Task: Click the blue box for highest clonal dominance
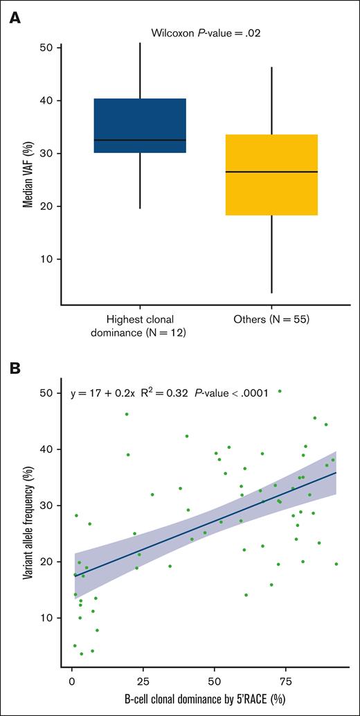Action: click(x=140, y=125)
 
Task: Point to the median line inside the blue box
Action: click(x=140, y=140)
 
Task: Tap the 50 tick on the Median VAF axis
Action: click(x=48, y=48)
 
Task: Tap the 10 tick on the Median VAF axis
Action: click(x=48, y=259)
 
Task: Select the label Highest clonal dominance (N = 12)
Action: click(x=140, y=326)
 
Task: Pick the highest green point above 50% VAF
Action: click(x=280, y=391)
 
